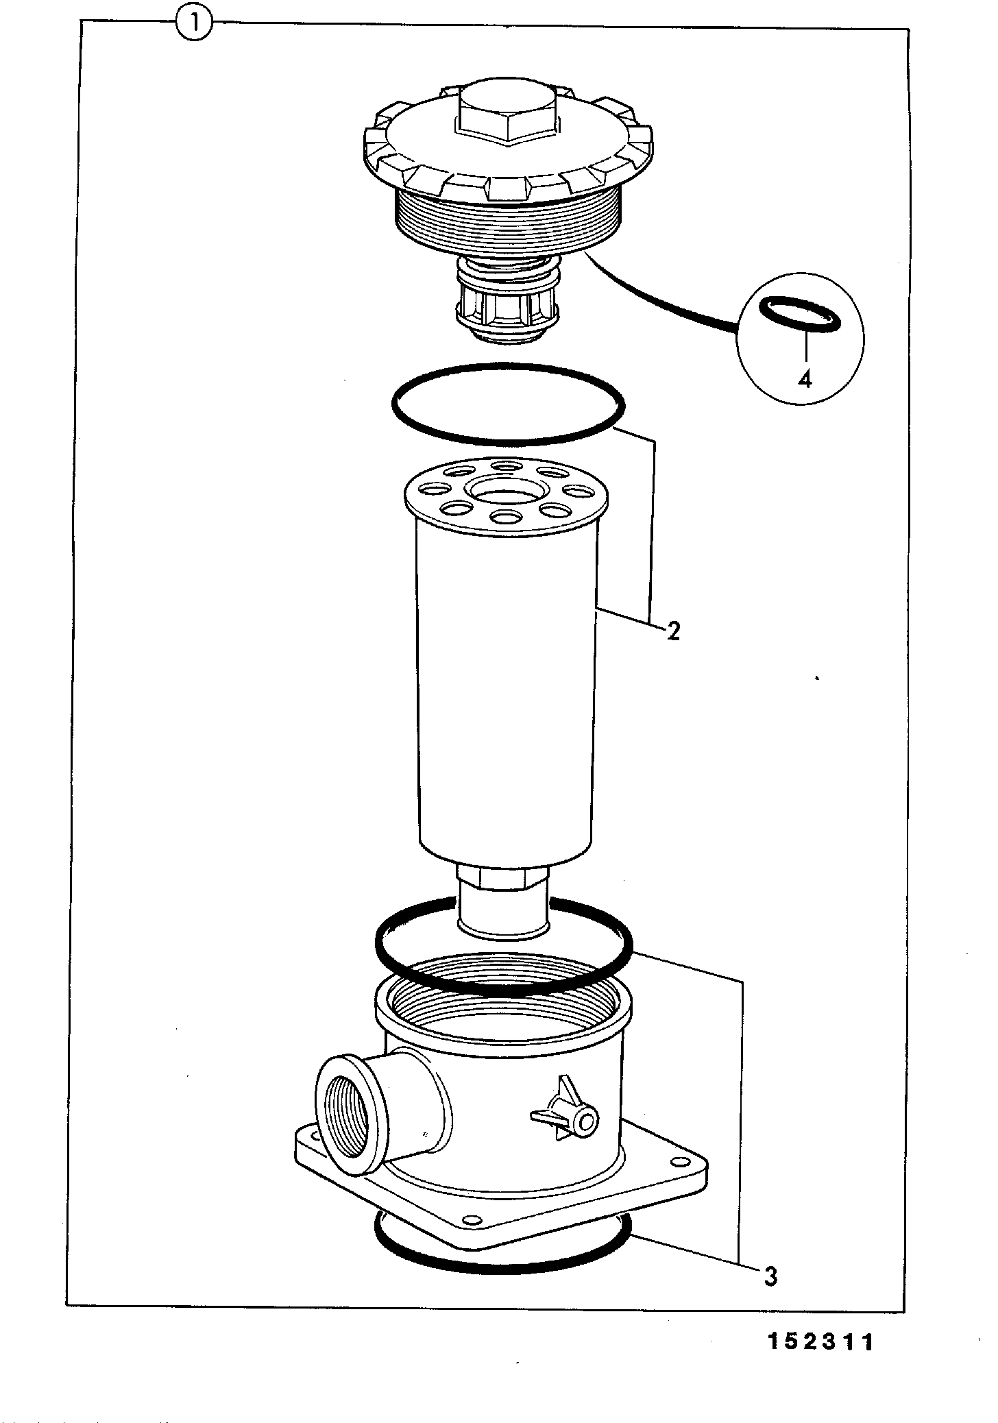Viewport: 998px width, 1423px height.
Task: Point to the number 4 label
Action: pos(805,378)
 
